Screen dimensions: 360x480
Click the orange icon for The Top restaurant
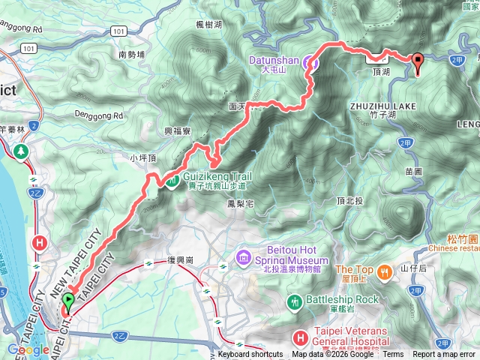coord(385,270)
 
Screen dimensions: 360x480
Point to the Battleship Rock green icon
coord(296,301)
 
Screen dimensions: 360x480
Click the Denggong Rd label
coord(98,115)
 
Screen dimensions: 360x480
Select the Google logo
coord(28,349)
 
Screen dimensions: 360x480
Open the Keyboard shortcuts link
coord(250,354)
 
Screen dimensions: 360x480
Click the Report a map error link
coord(444,354)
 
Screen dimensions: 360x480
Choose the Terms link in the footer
coord(393,354)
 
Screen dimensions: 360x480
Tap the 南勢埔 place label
coord(132,54)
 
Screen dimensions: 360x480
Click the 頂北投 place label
coord(349,200)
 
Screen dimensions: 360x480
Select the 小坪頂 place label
coord(142,158)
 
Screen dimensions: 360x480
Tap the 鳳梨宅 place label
coord(240,203)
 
